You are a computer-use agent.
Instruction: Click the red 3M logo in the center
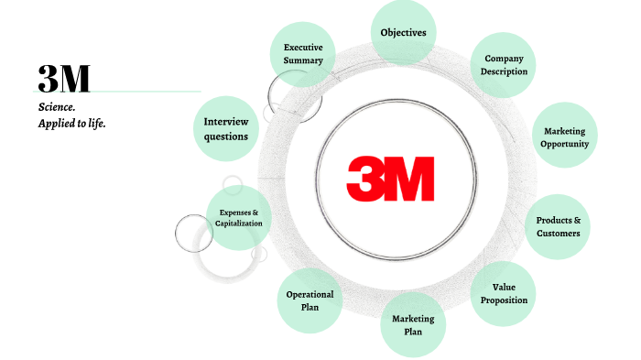click(391, 180)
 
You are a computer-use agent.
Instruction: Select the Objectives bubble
click(404, 33)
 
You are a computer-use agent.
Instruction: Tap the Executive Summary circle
click(304, 53)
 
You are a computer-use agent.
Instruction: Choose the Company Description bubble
click(505, 65)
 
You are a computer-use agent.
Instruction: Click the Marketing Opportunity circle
click(564, 137)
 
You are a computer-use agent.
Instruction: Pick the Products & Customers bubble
click(558, 226)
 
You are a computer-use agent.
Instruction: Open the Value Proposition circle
click(504, 293)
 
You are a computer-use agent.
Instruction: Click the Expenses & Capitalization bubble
click(238, 218)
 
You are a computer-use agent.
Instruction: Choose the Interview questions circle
click(226, 128)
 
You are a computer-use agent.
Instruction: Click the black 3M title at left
click(64, 80)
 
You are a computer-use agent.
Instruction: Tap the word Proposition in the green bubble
click(504, 300)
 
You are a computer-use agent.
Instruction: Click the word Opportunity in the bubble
click(564, 145)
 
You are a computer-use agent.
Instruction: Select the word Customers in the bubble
click(558, 234)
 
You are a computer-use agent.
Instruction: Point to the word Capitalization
click(239, 224)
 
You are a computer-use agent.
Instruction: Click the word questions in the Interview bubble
click(226, 136)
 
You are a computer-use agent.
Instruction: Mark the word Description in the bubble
click(505, 72)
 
